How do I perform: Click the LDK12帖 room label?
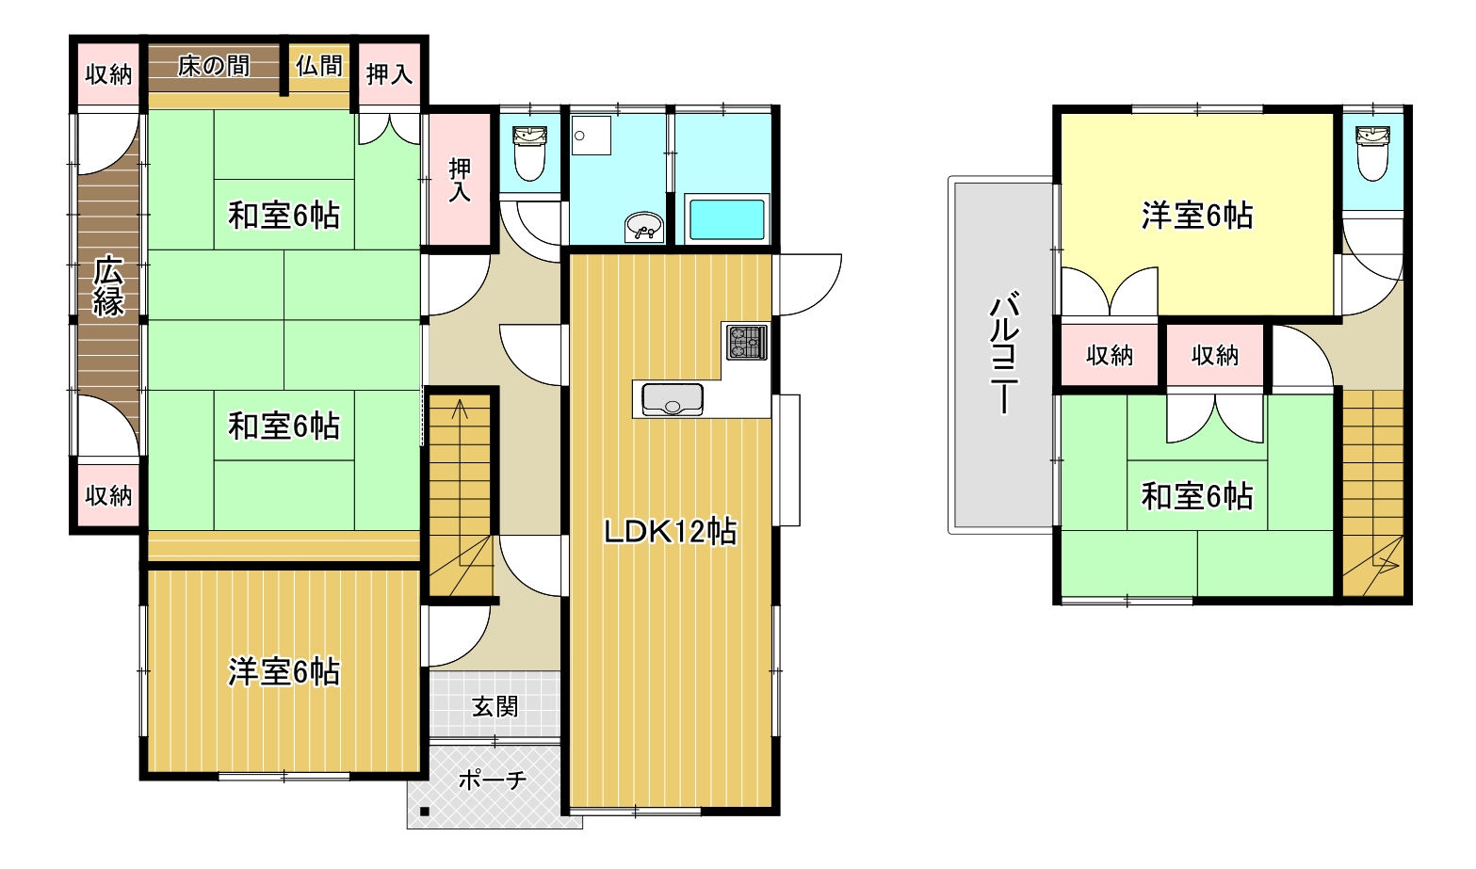tap(670, 532)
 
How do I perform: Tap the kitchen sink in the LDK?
tap(673, 399)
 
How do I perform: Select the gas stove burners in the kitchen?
tap(747, 342)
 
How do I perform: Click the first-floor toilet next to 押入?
tap(529, 153)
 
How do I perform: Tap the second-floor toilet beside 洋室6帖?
tap(1372, 153)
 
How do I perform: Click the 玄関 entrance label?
tap(495, 706)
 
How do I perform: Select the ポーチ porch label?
tap(493, 780)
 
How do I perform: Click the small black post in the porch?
tap(425, 811)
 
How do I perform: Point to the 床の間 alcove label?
tap(214, 66)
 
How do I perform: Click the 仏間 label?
tap(319, 66)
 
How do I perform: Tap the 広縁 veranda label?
tap(108, 286)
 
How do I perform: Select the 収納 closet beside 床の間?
tap(108, 74)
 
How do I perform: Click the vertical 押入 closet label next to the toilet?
tap(460, 179)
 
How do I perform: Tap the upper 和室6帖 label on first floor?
tap(284, 216)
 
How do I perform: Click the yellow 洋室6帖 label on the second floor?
tap(1197, 216)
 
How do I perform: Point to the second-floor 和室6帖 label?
tap(1197, 496)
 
